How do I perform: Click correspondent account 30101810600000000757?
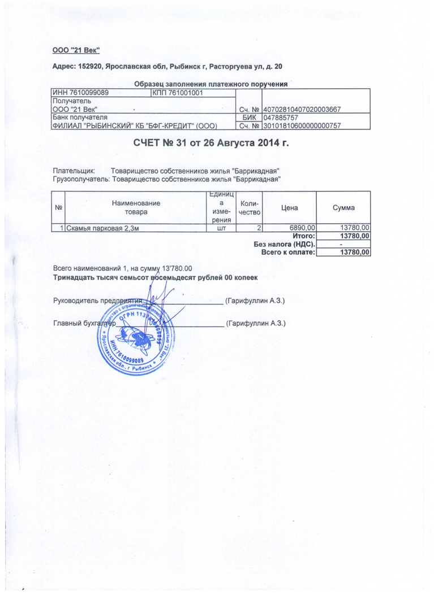(302, 126)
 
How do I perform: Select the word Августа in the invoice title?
(233, 143)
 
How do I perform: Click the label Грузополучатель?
(81, 179)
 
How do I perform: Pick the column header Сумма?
(343, 208)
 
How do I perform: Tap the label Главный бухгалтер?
(84, 324)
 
